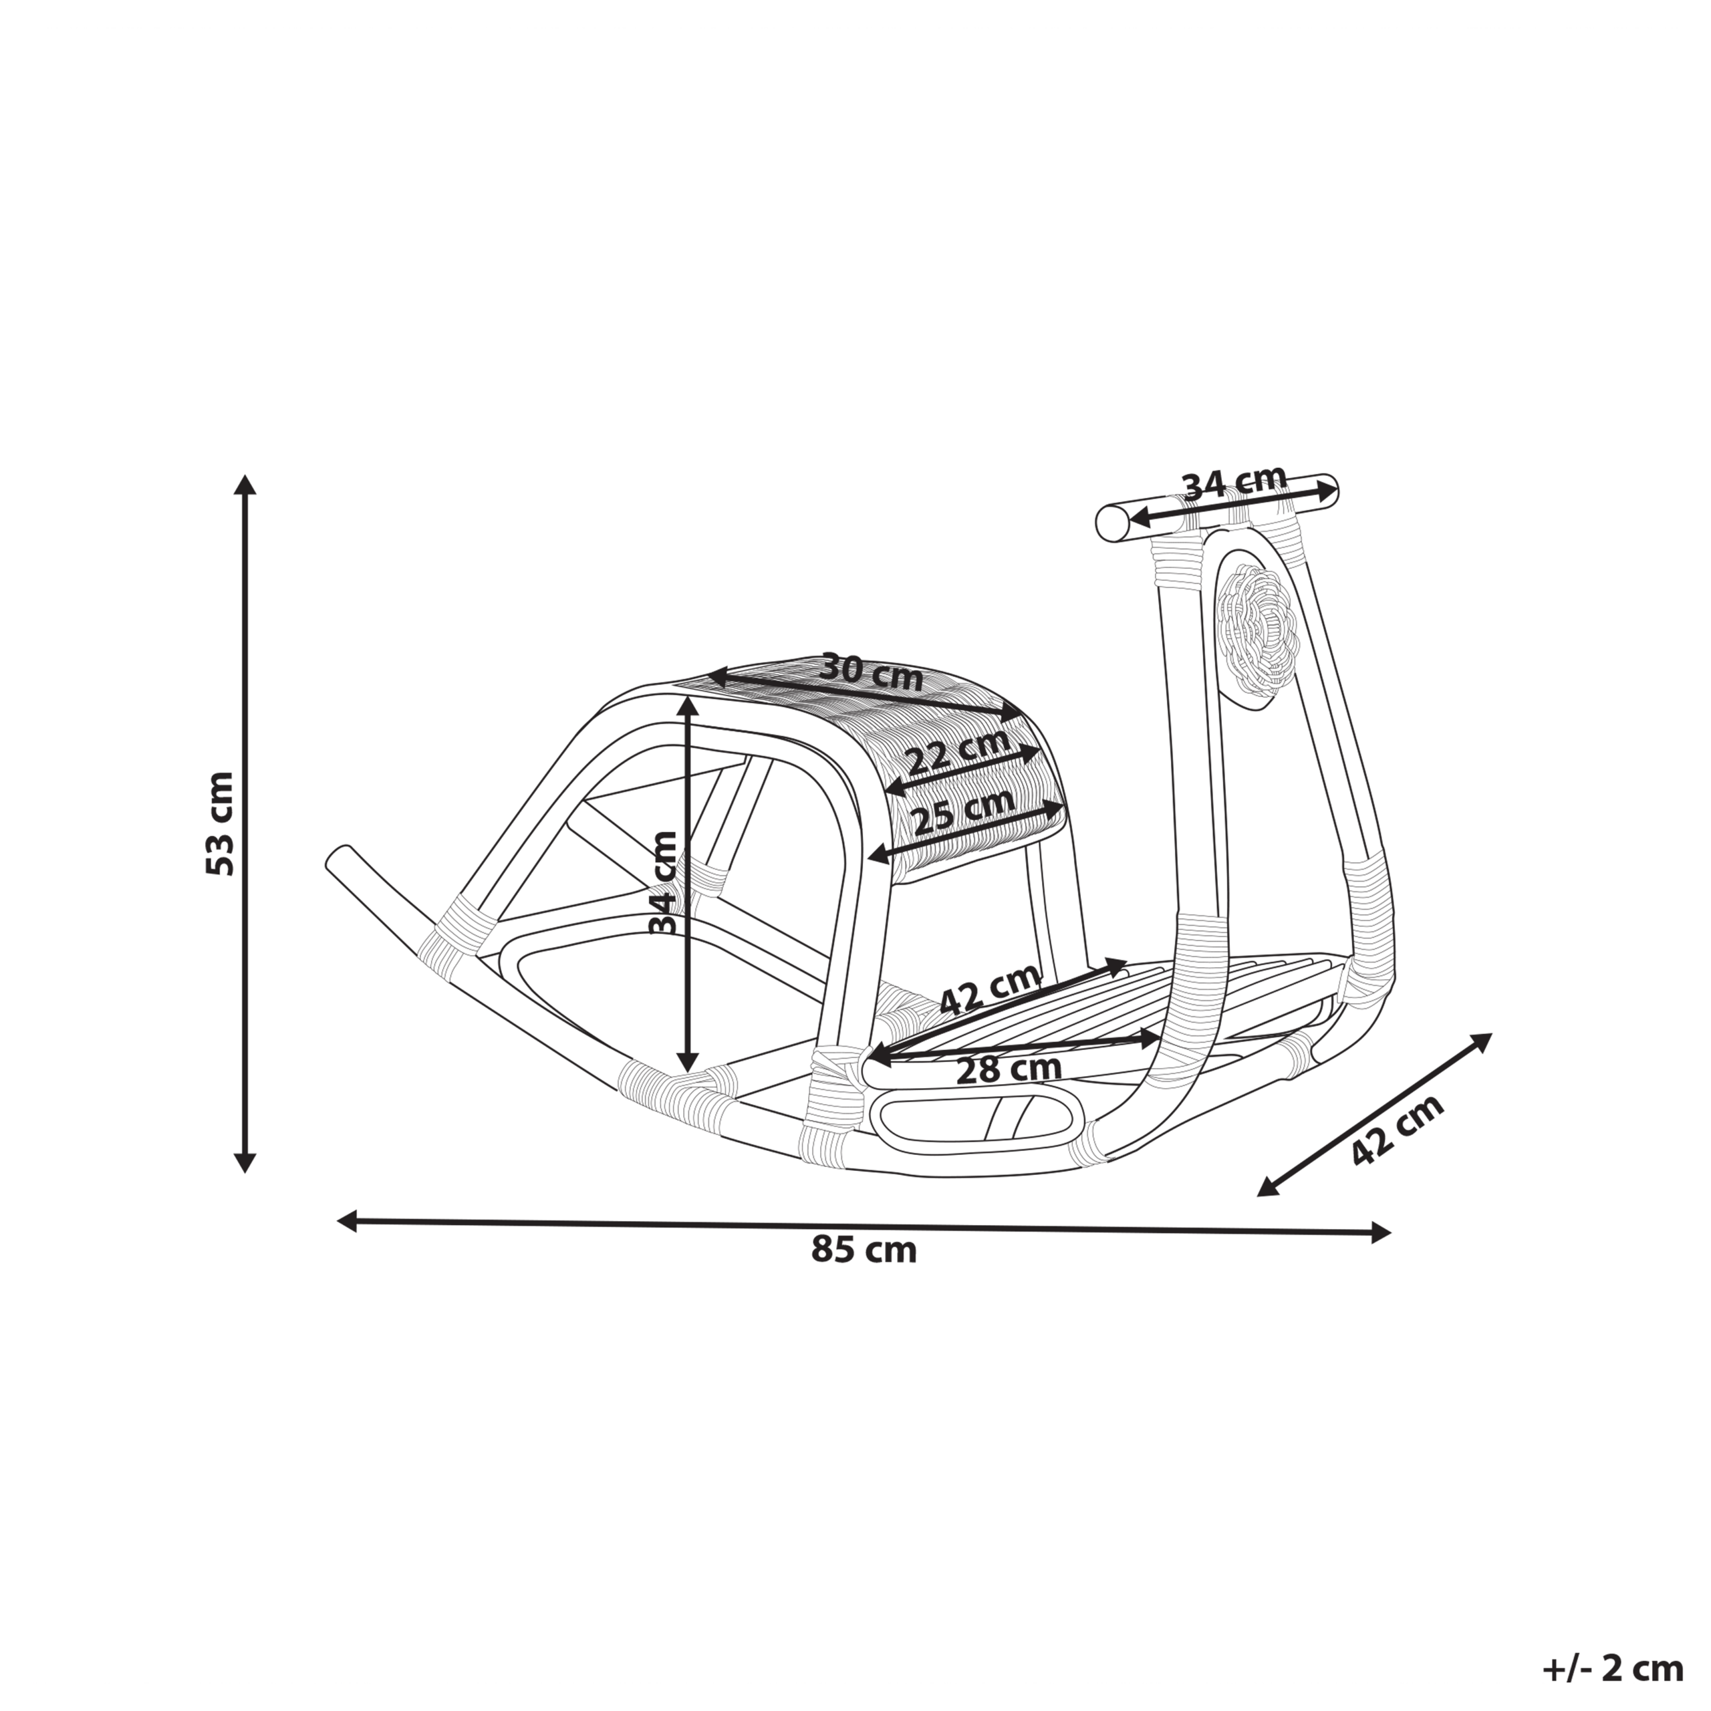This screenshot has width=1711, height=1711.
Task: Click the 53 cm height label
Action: point(220,823)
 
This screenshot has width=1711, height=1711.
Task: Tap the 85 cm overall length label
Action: point(864,1251)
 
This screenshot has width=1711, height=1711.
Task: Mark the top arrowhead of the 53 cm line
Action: point(245,483)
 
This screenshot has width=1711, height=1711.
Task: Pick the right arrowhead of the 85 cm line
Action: point(1379,1232)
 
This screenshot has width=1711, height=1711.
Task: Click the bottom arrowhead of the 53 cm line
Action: point(245,1164)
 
